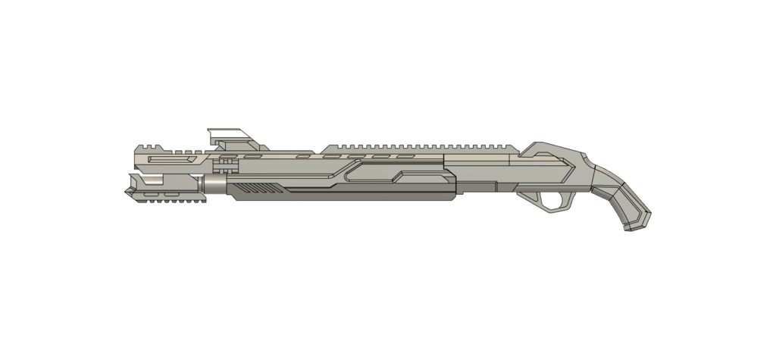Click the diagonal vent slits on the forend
(255, 187)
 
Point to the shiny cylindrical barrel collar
(214, 186)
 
